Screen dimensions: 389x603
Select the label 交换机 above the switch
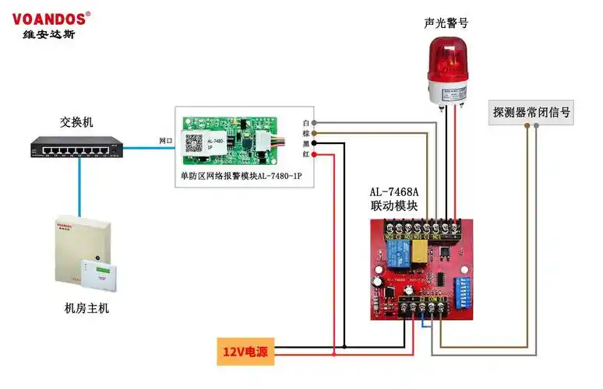click(76, 122)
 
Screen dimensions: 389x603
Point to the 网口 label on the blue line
click(166, 141)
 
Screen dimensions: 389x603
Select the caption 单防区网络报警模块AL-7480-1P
click(241, 177)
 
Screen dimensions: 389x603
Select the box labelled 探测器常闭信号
click(531, 112)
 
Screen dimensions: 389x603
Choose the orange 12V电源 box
click(246, 352)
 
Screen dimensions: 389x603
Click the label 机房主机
click(86, 308)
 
